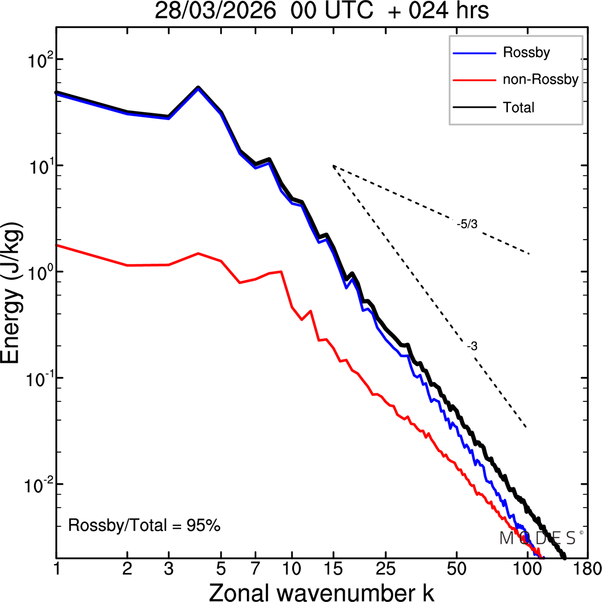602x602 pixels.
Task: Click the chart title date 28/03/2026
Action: coord(215,11)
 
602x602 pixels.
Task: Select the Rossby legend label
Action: coord(526,52)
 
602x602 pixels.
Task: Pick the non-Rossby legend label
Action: coord(540,79)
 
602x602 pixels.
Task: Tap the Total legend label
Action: coord(519,108)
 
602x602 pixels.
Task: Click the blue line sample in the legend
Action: coord(474,53)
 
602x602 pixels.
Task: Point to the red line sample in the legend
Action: coord(474,80)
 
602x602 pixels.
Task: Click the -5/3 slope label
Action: coord(467,225)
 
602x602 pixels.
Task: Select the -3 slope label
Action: coord(472,347)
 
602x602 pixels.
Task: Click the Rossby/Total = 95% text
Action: coord(144,525)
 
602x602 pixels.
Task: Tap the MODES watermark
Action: coord(539,538)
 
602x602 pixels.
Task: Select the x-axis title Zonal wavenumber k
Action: coord(322,592)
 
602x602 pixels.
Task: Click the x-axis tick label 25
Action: coord(385,569)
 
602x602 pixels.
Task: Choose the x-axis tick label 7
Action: coord(255,569)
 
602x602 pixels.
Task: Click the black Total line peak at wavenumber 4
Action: coord(198,87)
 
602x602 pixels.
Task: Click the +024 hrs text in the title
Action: coord(438,11)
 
